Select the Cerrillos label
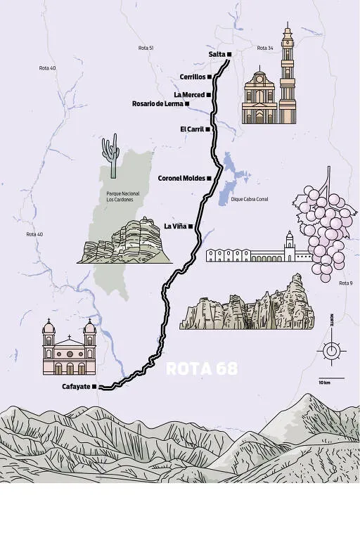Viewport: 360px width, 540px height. [x=192, y=77]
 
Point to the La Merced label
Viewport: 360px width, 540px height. [x=188, y=94]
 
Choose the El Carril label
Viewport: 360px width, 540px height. [x=191, y=129]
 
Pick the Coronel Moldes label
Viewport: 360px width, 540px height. [x=181, y=178]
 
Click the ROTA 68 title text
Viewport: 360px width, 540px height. [x=201, y=368]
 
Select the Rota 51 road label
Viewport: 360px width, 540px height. [x=146, y=48]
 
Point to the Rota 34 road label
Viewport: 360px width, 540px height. [x=264, y=48]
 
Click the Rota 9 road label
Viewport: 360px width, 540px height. [x=345, y=283]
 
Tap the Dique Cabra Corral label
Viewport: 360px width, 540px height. [x=250, y=200]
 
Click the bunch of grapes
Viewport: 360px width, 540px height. [x=324, y=225]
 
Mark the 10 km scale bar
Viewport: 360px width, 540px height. [x=324, y=379]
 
